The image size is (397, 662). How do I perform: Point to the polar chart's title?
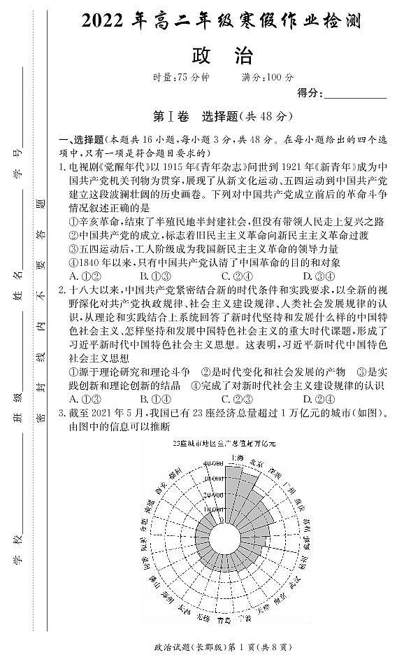coord(224,444)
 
